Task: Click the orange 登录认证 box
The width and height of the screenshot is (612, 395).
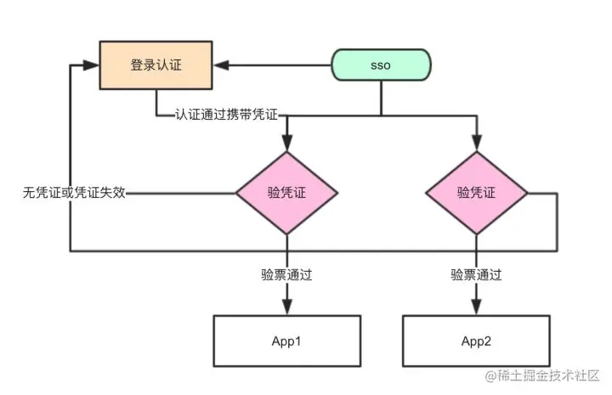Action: pos(156,65)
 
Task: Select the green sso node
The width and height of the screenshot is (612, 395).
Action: pos(381,65)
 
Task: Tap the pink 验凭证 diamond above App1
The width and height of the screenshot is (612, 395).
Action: pos(287,193)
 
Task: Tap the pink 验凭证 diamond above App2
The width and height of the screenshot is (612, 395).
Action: pos(477,193)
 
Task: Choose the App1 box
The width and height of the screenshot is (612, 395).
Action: pos(287,341)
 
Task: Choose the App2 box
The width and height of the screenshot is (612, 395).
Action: pos(476,341)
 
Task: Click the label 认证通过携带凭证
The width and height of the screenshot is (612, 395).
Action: pos(226,115)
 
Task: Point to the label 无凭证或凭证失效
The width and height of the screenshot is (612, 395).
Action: pos(74,192)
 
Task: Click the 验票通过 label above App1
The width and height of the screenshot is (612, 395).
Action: pos(287,275)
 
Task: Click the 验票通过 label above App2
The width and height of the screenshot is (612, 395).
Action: pos(476,275)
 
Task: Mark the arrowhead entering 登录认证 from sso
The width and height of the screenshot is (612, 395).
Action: pos(221,65)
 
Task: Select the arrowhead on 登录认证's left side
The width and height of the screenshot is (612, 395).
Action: pos(91,65)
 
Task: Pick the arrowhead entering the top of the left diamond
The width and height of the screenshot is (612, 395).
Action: pos(287,143)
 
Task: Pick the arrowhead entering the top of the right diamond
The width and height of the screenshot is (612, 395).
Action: pos(477,143)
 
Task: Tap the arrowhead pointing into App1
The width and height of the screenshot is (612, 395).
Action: pos(287,307)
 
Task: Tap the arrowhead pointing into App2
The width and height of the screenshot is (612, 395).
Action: pos(476,307)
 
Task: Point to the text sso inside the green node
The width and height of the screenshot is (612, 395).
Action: pos(381,65)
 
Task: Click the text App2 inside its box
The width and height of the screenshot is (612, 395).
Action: pos(476,341)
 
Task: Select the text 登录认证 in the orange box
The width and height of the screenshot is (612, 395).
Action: pos(156,65)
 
